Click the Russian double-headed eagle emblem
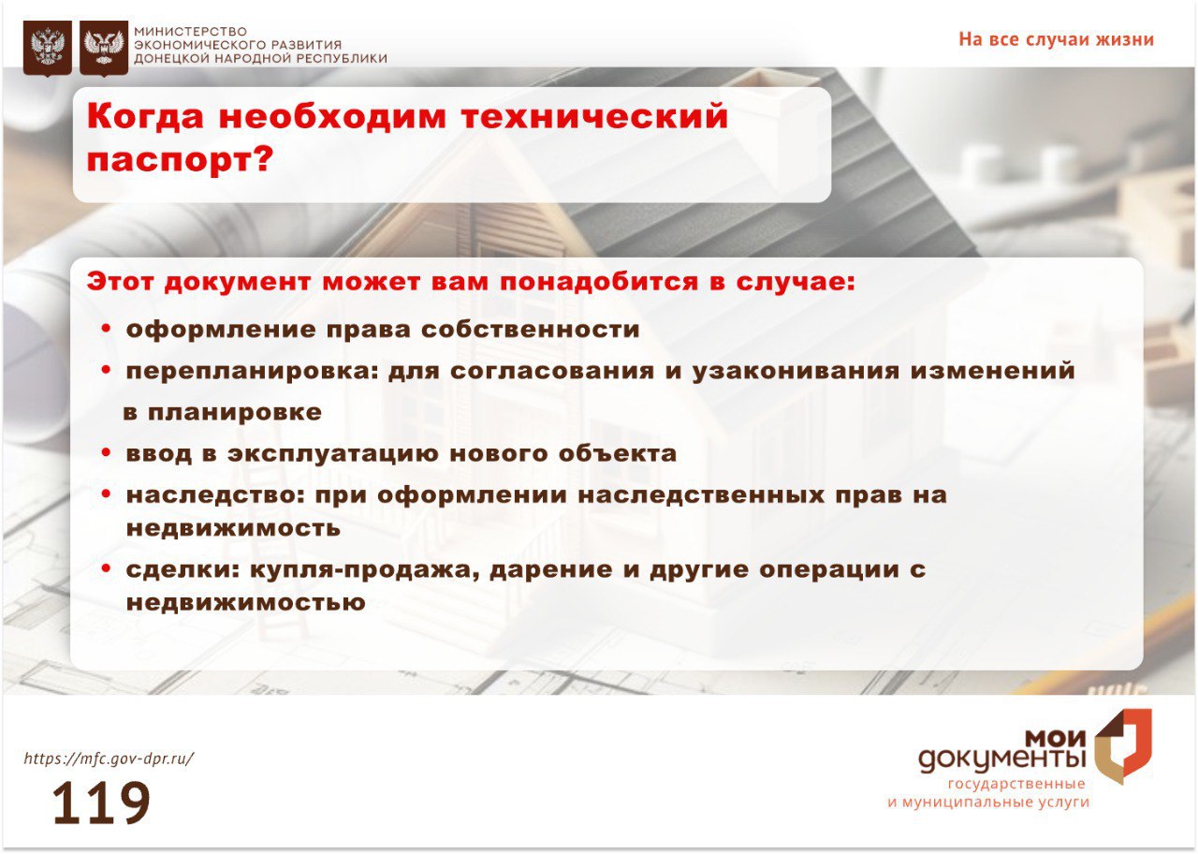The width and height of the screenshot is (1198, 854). click(x=48, y=48)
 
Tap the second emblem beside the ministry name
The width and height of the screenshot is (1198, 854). click(x=104, y=48)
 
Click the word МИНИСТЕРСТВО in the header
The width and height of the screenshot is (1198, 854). click(x=190, y=32)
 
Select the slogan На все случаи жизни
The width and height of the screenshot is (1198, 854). click(x=1057, y=39)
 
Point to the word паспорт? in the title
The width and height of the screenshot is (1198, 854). click(x=181, y=160)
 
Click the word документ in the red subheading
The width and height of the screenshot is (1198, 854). click(x=238, y=282)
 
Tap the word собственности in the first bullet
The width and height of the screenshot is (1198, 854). click(x=531, y=330)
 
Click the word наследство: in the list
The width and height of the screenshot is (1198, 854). click(x=215, y=495)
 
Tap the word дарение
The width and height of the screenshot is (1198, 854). click(x=551, y=569)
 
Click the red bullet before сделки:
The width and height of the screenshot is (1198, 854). click(x=106, y=568)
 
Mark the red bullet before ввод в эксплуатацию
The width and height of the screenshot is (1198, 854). click(x=106, y=453)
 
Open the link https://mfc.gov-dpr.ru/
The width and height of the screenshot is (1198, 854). click(x=110, y=758)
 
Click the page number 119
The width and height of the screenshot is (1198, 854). click(x=101, y=802)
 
